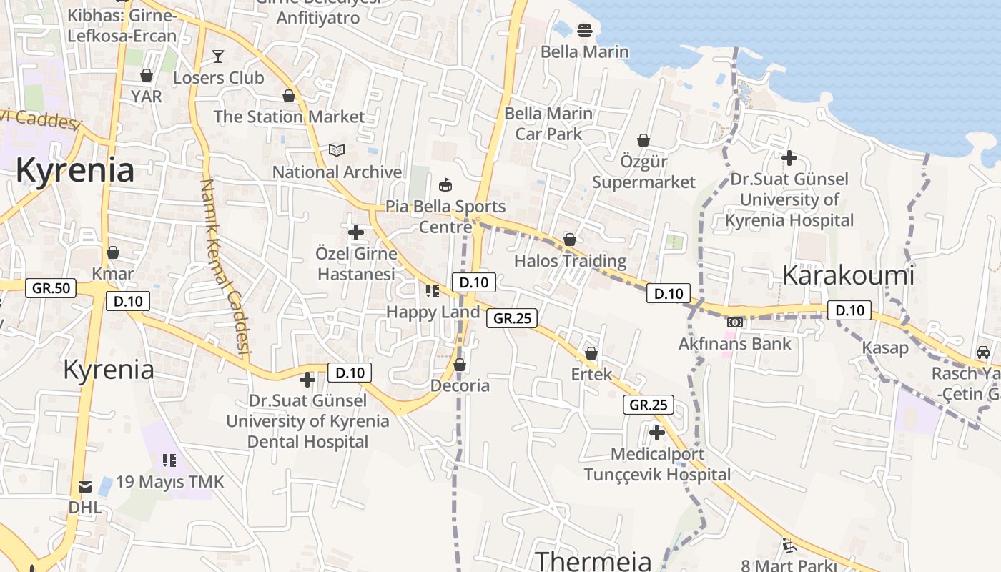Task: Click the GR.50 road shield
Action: pyautogui.click(x=51, y=288)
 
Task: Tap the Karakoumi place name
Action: pyautogui.click(x=848, y=275)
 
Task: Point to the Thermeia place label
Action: pyautogui.click(x=593, y=561)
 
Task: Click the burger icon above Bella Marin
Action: pyautogui.click(x=585, y=31)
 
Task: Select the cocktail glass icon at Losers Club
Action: pyautogui.click(x=218, y=56)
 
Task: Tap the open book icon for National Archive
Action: pyautogui.click(x=337, y=150)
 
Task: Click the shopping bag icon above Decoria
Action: pyautogui.click(x=460, y=365)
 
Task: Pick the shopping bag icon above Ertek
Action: pyautogui.click(x=591, y=353)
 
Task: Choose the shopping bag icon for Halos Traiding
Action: pyautogui.click(x=570, y=240)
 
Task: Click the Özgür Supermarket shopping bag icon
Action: pyautogui.click(x=643, y=140)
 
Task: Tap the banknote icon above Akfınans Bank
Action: pyautogui.click(x=735, y=322)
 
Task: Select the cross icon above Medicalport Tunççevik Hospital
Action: pyautogui.click(x=657, y=433)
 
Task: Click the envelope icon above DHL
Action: pyautogui.click(x=85, y=487)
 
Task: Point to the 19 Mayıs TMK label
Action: pyautogui.click(x=170, y=482)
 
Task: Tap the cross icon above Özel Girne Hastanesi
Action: pyautogui.click(x=356, y=232)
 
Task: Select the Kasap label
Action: pyautogui.click(x=885, y=347)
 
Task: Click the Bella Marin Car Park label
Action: pyautogui.click(x=548, y=124)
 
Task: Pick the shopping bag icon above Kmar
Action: pyautogui.click(x=113, y=252)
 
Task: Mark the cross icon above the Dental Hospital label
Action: pyautogui.click(x=307, y=380)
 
